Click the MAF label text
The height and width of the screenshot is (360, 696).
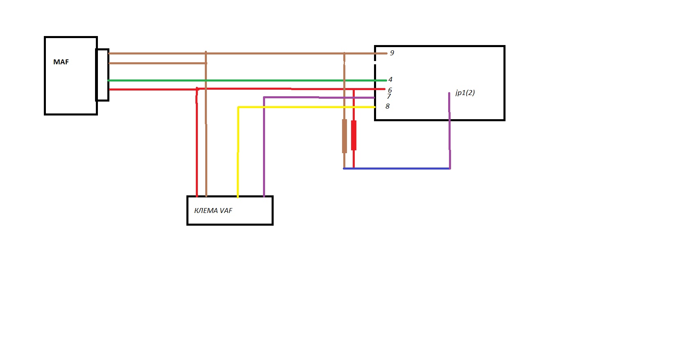point(61,62)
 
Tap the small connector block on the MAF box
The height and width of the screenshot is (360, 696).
point(102,75)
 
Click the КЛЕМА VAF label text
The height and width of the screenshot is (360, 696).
point(213,211)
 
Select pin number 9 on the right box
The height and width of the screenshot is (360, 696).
point(392,53)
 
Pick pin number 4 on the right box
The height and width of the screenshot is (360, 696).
point(390,79)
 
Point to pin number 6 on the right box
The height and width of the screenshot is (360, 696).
point(390,90)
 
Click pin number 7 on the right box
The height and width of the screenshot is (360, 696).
point(389,96)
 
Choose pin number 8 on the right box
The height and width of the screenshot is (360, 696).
point(388,106)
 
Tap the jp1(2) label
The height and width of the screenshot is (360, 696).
point(465,93)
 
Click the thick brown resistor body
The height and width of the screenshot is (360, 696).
point(344,136)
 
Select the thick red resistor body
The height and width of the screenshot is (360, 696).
point(354,136)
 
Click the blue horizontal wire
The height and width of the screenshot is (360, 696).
point(397,168)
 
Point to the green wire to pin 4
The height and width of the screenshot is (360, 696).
point(247,80)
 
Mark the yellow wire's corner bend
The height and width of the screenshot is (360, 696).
point(238,107)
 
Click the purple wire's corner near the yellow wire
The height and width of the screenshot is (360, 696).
point(264,97)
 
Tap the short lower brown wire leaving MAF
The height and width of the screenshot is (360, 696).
point(158,63)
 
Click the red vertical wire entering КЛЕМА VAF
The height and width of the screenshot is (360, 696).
point(197,143)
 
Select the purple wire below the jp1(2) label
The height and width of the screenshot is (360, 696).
point(450,131)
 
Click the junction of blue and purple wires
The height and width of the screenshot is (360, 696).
point(450,168)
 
